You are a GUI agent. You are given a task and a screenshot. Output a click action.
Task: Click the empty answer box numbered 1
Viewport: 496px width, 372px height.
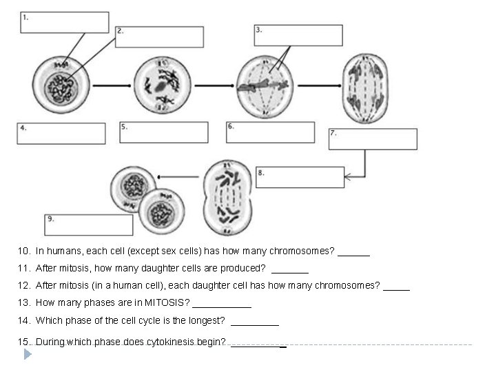[64, 22]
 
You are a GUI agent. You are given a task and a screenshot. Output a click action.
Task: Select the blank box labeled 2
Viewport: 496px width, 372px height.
[159, 37]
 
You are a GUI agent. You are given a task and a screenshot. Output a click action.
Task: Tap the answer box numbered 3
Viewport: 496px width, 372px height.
[298, 35]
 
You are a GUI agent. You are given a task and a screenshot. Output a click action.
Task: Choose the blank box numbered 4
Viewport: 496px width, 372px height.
[61, 134]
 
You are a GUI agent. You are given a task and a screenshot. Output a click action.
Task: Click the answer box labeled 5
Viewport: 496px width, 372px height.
[164, 132]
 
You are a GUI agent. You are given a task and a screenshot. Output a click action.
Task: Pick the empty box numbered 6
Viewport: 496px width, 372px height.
[270, 132]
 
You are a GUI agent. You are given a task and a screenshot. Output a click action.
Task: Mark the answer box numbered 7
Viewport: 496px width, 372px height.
[373, 138]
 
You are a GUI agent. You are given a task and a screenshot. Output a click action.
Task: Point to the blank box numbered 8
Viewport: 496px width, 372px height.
[300, 177]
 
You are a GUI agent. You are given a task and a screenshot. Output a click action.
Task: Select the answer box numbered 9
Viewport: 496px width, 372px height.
[88, 225]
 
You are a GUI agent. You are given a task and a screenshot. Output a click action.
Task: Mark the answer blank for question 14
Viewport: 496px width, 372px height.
[255, 322]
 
